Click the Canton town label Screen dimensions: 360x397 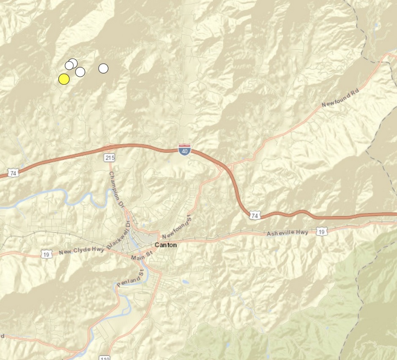166,245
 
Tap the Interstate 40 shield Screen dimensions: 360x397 184,149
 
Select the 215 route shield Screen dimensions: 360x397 110,158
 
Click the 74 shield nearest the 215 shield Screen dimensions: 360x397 14,173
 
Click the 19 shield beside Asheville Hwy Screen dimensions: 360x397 322,231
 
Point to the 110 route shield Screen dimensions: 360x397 105,358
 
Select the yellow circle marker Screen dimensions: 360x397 64,79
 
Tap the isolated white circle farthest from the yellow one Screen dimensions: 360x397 103,68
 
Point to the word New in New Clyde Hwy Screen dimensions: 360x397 65,253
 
